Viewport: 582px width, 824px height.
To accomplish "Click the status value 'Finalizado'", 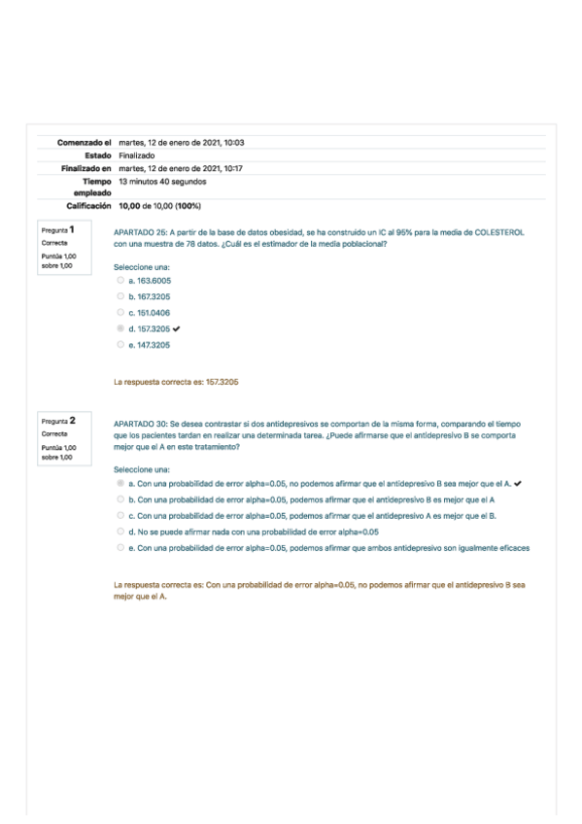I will [136, 155].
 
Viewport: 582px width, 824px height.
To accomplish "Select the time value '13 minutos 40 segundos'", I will [161, 181].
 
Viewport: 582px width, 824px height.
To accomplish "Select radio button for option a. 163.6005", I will [120, 280].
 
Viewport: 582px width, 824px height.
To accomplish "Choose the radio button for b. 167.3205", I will [120, 295].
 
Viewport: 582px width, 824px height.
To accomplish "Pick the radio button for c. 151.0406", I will [120, 312].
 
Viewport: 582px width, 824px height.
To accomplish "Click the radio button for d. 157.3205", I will [120, 328].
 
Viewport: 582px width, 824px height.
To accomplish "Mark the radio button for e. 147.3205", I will [120, 344].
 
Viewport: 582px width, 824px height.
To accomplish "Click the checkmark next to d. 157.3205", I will [177, 328].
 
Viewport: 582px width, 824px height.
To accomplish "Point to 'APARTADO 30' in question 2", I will [139, 425].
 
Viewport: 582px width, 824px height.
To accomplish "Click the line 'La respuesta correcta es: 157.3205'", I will [176, 382].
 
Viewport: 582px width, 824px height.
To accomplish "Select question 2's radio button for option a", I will [120, 483].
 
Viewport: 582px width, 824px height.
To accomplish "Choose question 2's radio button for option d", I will [120, 532].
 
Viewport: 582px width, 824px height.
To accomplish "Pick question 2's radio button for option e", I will [120, 548].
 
